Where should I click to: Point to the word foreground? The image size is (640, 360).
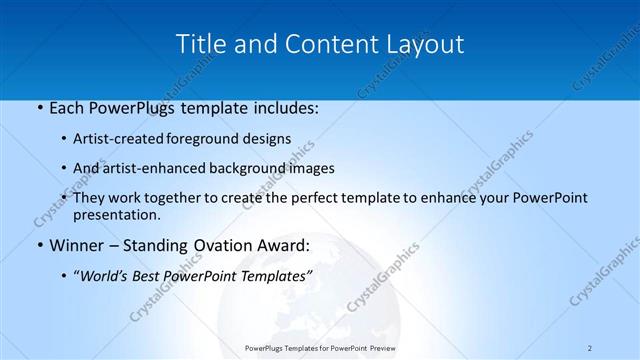tap(216, 139)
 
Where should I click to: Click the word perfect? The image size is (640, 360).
tap(311, 198)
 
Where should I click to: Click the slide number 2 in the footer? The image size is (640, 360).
tap(590, 348)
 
